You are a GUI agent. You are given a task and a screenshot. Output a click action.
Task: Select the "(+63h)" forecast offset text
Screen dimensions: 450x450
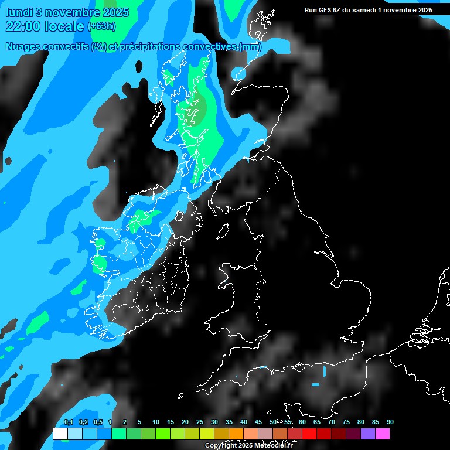[x=101, y=26]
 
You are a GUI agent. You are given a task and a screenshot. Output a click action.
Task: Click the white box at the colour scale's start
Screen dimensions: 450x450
[x=60, y=434]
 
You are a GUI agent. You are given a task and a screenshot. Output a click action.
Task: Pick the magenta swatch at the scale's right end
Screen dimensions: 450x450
[x=383, y=434]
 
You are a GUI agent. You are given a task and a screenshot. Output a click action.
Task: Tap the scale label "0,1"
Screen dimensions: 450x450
[x=69, y=422]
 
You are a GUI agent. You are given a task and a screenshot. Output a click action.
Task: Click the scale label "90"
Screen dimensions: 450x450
[x=390, y=422]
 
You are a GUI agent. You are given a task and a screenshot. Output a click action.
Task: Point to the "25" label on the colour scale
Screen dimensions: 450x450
[x=200, y=422]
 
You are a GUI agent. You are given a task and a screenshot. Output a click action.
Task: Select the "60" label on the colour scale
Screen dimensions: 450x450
[x=302, y=422]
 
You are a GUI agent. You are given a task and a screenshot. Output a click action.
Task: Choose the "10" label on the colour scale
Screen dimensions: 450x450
[x=156, y=422]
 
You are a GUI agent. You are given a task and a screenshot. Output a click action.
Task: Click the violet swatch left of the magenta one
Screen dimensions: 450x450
[x=368, y=434]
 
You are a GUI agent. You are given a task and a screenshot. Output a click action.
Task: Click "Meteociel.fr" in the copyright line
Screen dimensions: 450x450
[x=274, y=446]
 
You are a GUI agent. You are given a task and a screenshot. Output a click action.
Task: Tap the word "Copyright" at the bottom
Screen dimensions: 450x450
[x=221, y=446]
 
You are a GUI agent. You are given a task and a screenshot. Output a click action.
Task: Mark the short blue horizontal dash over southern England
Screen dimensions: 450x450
[x=316, y=385]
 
